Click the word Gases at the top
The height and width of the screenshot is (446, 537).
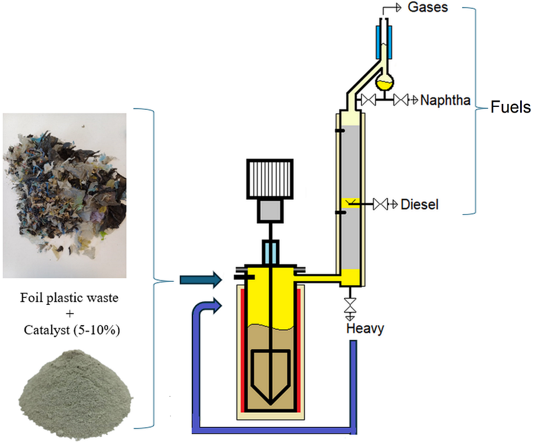pos(429,8)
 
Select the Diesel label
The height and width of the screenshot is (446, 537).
pos(420,204)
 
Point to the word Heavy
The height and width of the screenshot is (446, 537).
pos(365,329)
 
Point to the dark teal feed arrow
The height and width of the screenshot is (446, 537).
pos(201,280)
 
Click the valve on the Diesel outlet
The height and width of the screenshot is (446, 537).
pos(381,204)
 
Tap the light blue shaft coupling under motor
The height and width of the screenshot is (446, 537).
pos(271,253)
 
